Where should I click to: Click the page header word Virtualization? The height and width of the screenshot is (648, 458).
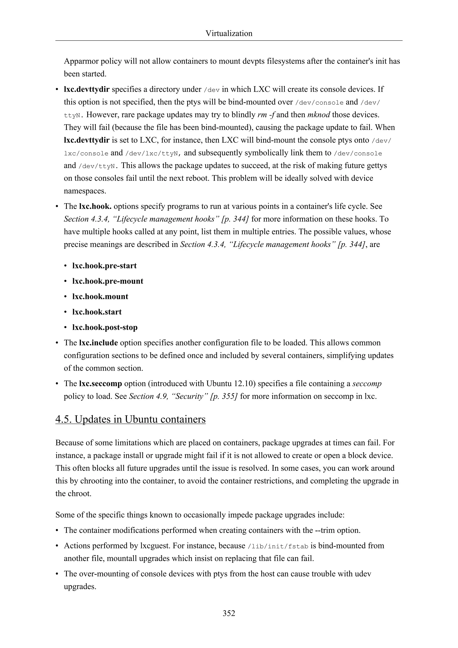click(x=229, y=34)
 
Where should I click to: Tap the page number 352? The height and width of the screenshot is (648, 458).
click(x=229, y=613)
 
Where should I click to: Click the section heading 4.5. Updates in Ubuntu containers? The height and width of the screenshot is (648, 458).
click(x=130, y=419)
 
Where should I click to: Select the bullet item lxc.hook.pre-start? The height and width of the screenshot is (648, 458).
click(x=104, y=266)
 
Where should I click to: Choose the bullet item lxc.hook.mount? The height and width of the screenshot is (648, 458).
click(x=100, y=297)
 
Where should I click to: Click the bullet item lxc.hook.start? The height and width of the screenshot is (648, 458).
click(x=97, y=312)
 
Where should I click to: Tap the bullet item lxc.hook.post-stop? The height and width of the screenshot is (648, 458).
click(x=105, y=327)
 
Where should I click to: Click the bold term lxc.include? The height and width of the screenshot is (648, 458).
click(x=98, y=343)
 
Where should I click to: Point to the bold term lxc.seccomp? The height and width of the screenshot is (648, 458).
click(x=100, y=384)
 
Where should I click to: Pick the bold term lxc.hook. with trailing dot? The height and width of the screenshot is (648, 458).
click(x=95, y=206)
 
